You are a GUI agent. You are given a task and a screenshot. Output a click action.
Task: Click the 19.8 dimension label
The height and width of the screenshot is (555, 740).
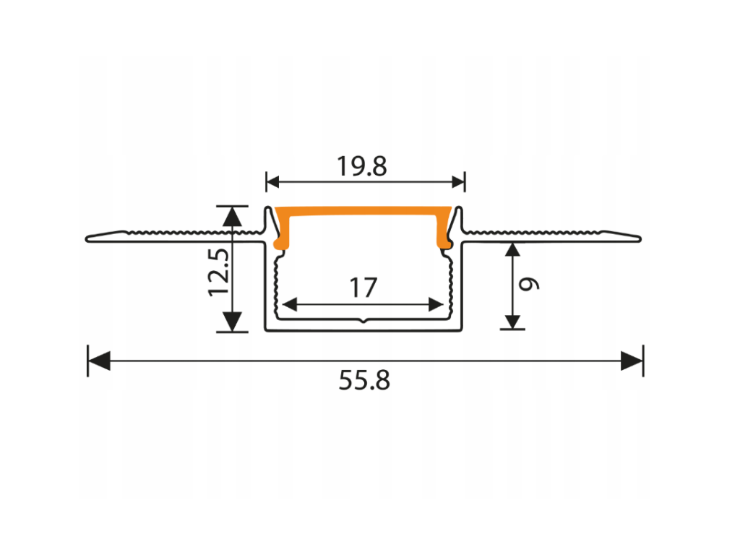point(362,167)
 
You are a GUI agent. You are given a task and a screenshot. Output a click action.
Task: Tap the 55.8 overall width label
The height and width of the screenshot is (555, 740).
point(364,380)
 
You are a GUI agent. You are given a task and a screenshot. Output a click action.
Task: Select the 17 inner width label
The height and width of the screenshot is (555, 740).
point(363,288)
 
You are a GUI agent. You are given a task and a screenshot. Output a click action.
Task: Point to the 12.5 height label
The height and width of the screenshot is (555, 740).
point(219,272)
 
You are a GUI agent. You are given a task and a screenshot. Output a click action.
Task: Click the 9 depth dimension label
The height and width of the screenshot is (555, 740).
point(529,283)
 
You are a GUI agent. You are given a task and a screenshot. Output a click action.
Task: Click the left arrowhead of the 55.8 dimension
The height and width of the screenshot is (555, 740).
point(99,361)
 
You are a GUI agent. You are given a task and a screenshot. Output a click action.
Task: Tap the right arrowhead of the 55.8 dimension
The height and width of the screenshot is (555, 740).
point(632,361)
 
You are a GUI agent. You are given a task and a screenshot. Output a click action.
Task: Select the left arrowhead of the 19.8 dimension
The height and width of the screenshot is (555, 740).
point(272,181)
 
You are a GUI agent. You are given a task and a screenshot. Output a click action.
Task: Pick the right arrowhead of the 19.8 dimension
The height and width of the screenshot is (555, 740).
point(458,181)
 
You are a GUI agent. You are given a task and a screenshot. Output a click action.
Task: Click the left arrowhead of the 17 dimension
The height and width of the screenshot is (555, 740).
point(289,304)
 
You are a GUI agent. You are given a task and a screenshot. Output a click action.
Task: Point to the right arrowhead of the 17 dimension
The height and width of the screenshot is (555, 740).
point(436,304)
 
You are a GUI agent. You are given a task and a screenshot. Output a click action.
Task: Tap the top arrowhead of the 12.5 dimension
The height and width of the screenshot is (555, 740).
point(232,217)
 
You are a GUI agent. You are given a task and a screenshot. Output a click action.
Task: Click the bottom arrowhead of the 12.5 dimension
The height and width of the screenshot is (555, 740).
point(232,322)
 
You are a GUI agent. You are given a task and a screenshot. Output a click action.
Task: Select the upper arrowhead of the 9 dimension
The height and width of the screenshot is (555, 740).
point(512,249)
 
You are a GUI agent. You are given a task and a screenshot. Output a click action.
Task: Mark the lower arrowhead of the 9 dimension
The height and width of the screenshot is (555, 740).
point(512,322)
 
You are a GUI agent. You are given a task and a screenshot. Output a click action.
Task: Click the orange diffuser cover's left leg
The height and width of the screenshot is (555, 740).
point(282,231)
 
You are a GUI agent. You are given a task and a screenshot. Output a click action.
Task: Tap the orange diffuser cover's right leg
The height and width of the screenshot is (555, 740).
point(444,231)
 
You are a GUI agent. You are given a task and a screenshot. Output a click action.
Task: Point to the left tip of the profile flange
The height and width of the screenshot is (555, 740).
point(87,239)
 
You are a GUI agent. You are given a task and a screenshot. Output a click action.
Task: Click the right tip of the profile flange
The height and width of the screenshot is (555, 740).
point(640,239)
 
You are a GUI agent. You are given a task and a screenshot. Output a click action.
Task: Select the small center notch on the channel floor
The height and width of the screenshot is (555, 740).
point(363,321)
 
